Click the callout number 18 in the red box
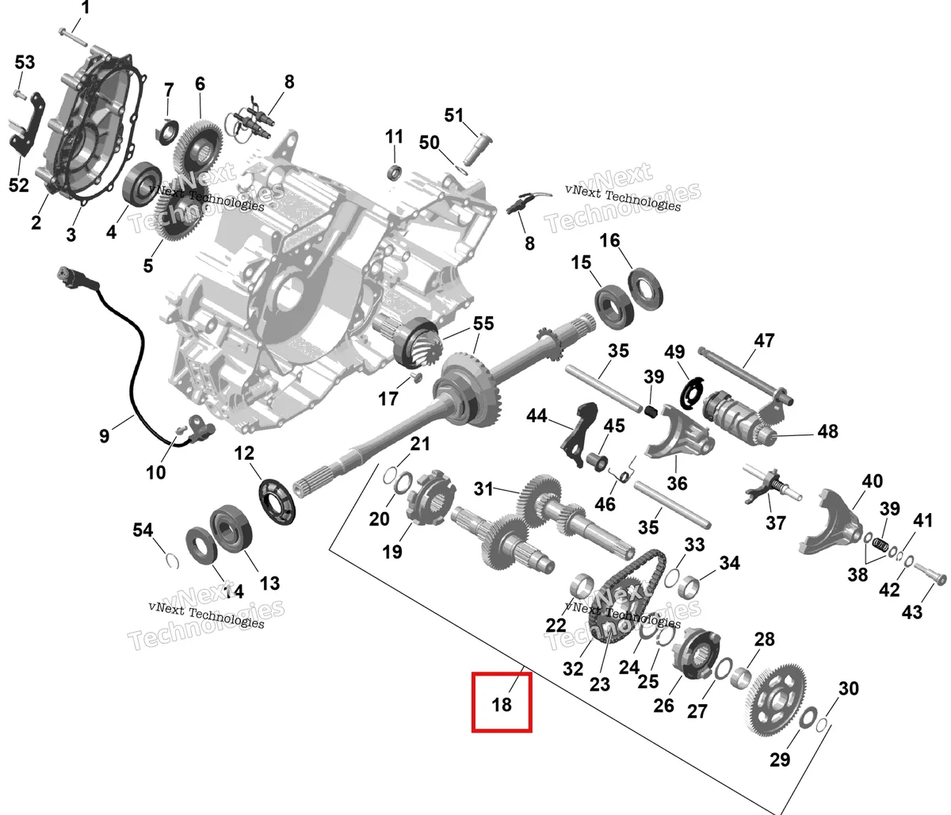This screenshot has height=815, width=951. (502, 705)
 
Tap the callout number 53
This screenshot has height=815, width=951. (25, 62)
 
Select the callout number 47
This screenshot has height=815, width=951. (764, 341)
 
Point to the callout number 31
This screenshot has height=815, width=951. (483, 488)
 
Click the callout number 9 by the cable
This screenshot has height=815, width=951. (105, 436)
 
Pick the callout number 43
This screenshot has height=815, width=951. (912, 612)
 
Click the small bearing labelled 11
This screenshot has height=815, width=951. (395, 172)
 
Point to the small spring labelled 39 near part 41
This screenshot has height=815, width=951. (879, 545)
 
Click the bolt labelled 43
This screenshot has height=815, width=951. (930, 573)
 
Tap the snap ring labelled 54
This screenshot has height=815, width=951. (173, 560)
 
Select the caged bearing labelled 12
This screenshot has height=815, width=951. (277, 502)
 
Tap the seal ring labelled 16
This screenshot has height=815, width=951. (646, 289)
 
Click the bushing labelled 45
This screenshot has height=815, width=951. (597, 461)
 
